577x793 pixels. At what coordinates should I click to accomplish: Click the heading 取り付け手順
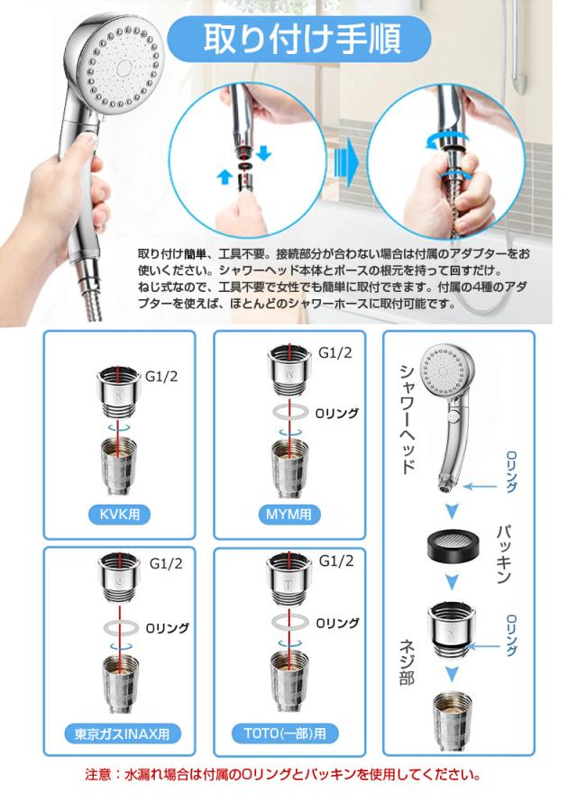click(302, 40)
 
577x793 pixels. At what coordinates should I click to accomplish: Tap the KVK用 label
click(119, 515)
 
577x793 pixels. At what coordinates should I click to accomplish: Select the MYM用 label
click(289, 515)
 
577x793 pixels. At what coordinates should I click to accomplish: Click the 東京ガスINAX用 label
click(122, 734)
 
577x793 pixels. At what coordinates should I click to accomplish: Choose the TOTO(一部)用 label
click(285, 733)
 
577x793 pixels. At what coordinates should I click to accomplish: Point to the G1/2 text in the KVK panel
click(161, 377)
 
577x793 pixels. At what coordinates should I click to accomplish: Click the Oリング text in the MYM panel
click(336, 414)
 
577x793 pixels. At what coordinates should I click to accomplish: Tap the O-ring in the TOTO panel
click(290, 622)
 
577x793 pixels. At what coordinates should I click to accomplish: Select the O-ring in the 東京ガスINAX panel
click(122, 628)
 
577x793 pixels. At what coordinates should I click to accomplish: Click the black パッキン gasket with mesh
click(452, 548)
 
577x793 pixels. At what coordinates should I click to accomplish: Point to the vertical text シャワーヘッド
click(408, 419)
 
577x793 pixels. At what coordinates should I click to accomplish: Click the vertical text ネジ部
click(408, 662)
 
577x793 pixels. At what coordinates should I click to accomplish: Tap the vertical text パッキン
click(503, 555)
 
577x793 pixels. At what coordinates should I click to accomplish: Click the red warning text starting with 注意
click(282, 774)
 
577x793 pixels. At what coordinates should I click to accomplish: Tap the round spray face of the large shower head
click(124, 67)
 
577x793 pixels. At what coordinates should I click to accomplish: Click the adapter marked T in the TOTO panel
click(288, 579)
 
